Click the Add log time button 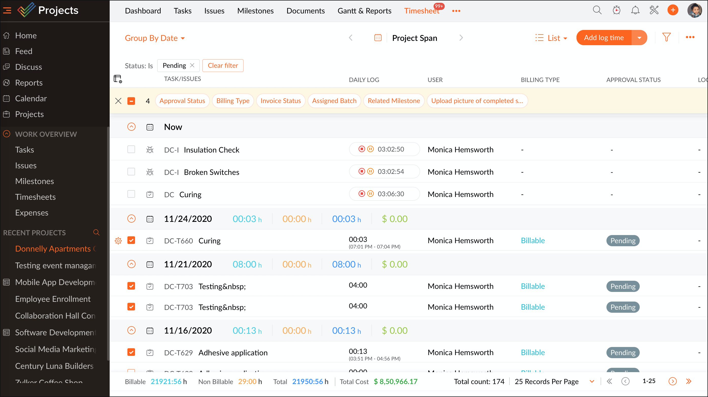click(604, 38)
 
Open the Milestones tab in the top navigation click(255, 11)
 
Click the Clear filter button click(223, 65)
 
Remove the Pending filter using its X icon click(192, 65)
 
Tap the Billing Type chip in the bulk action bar click(233, 101)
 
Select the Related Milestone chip click(393, 101)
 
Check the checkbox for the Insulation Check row click(131, 150)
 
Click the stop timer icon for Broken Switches click(362, 171)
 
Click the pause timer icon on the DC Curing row click(370, 194)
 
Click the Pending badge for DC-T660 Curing click(622, 241)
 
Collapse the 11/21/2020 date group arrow click(131, 264)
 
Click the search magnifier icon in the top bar click(597, 10)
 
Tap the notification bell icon click(635, 10)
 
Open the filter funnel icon click(666, 37)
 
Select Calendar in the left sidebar click(31, 98)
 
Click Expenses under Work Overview click(32, 213)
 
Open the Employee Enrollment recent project click(53, 299)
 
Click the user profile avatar click(694, 10)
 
